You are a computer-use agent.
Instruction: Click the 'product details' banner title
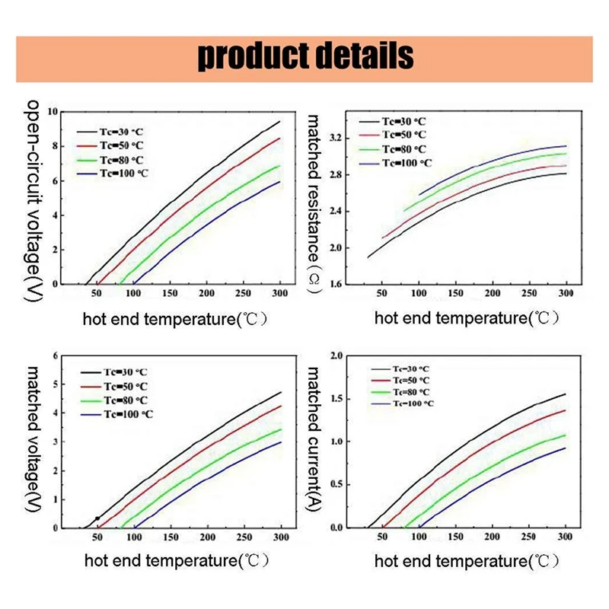click(x=305, y=56)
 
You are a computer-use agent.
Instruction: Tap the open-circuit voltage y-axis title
click(x=34, y=202)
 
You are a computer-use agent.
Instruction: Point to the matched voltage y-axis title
click(x=34, y=442)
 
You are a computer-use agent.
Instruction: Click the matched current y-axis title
click(x=314, y=442)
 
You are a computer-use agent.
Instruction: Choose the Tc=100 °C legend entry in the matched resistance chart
click(x=407, y=163)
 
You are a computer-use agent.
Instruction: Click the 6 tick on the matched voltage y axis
click(x=55, y=356)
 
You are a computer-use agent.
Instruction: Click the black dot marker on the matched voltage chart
click(x=97, y=518)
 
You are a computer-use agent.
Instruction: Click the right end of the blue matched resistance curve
click(x=566, y=145)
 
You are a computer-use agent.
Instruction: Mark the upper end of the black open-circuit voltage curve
click(x=280, y=122)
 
